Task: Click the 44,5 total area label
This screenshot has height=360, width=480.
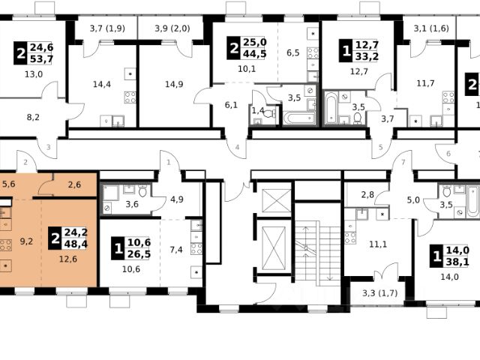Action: point(255,54)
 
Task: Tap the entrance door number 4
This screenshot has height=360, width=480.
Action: point(237,148)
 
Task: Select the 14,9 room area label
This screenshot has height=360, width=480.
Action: point(174,84)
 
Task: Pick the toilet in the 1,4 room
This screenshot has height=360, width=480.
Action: point(269,114)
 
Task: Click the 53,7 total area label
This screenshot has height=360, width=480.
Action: point(42,58)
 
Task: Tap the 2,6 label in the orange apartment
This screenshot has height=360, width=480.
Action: point(74,184)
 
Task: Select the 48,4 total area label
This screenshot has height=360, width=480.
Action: point(76,244)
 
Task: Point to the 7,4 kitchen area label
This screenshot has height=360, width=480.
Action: point(176,250)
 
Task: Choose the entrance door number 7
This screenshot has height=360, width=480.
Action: point(403,162)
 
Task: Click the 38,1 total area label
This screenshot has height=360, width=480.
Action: point(457,262)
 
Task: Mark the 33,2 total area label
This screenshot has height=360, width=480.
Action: point(367,56)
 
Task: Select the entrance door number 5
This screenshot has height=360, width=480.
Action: point(381,148)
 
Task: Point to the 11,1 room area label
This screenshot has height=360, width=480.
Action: point(378,244)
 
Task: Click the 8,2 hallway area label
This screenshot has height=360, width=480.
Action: point(33,117)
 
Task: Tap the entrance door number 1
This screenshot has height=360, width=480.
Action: point(169,162)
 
